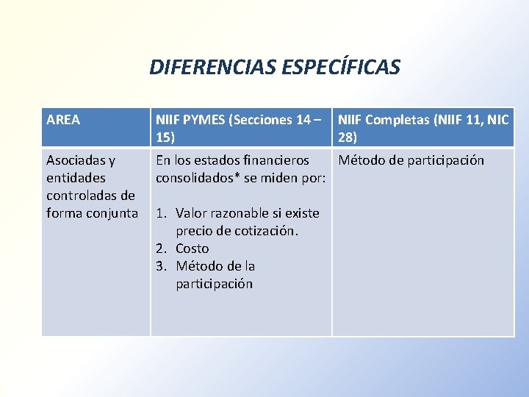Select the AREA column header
coord(63,119)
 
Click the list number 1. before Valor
coord(163,213)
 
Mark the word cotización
coord(267,231)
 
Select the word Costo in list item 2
coord(192,248)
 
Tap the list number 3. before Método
coord(163,266)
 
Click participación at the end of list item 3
coord(214,284)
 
